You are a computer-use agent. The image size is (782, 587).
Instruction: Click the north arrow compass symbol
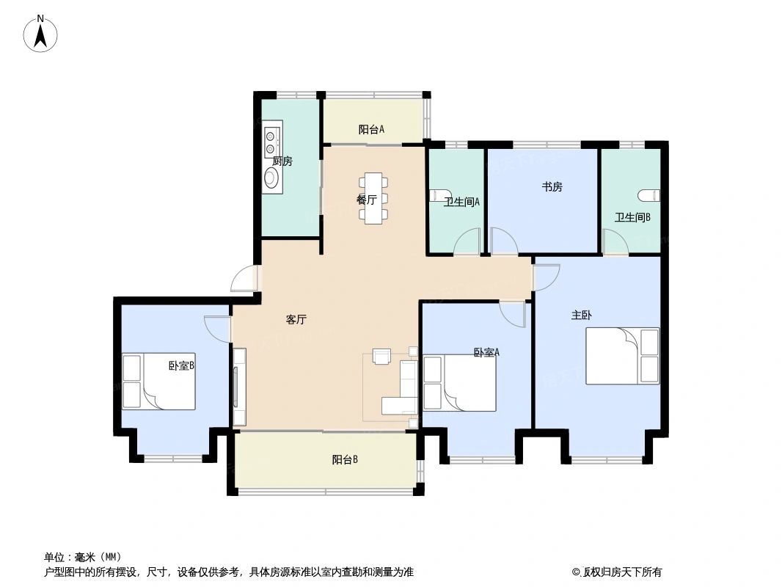click(42, 33)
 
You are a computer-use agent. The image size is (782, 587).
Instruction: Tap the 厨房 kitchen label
click(282, 161)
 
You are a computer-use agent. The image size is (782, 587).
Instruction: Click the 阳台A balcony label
click(371, 130)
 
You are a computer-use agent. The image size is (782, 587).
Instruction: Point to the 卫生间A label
click(461, 203)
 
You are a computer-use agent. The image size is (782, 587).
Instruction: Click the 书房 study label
click(552, 187)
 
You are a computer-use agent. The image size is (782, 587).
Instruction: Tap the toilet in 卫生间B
click(648, 195)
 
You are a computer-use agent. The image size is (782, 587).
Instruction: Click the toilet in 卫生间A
click(436, 194)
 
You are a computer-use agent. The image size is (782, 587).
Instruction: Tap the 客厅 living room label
click(296, 320)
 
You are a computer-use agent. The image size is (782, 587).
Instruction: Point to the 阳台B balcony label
click(345, 460)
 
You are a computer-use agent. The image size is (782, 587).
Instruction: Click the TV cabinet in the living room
click(239, 386)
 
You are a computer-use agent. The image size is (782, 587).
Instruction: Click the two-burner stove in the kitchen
click(271, 142)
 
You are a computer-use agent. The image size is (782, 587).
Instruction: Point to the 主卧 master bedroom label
click(581, 316)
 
